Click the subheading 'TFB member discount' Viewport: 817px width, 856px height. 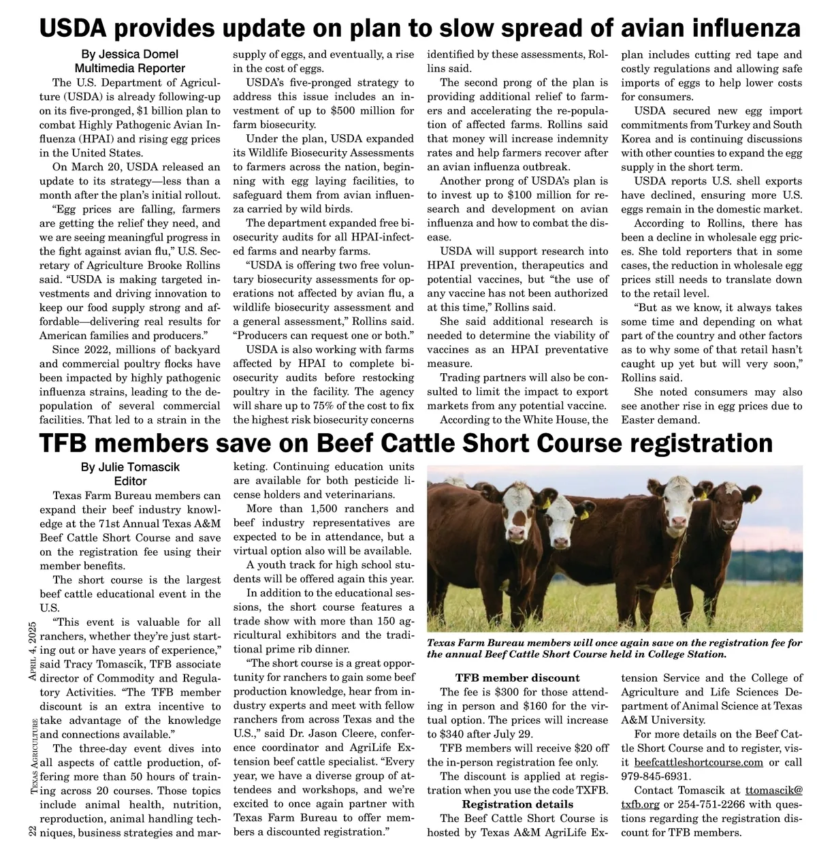point(517,678)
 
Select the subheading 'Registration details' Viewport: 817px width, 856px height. point(517,804)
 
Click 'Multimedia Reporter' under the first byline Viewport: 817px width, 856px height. point(129,68)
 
